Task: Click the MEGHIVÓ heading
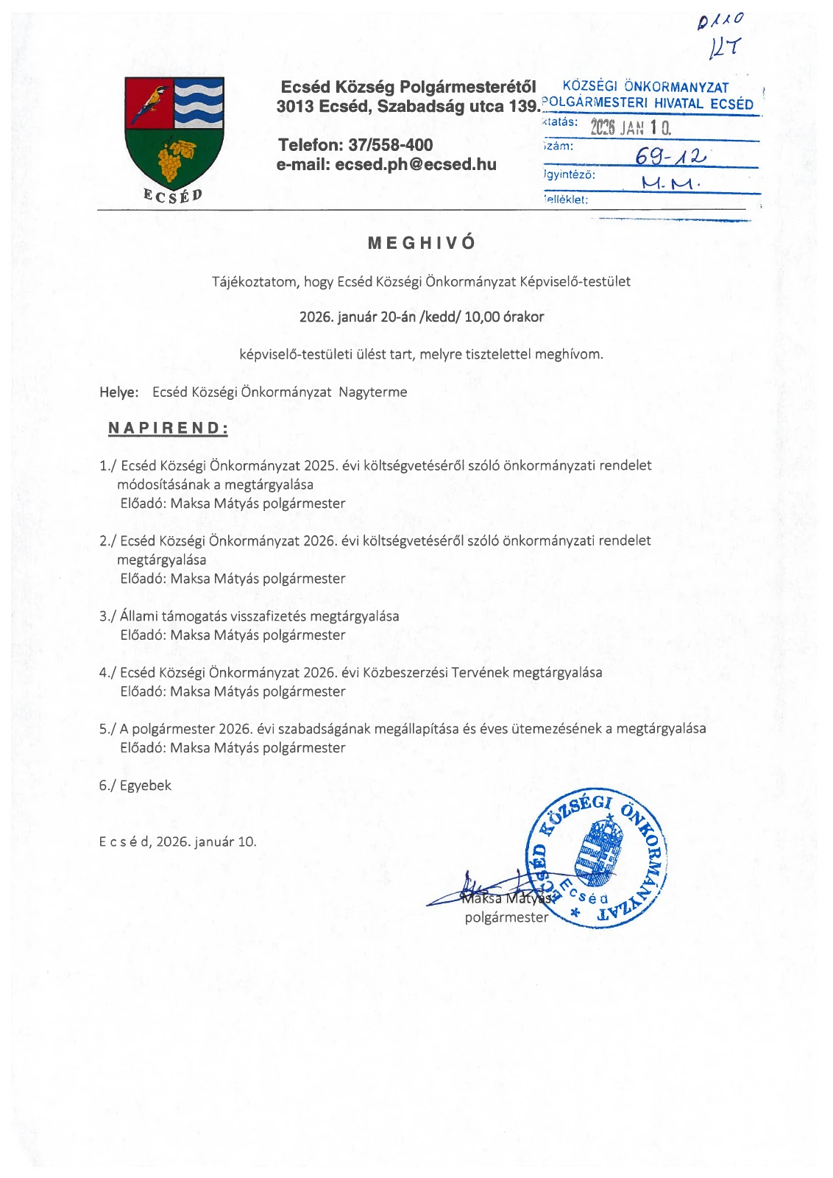click(x=422, y=242)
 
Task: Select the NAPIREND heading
click(x=168, y=428)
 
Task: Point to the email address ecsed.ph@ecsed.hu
click(x=415, y=164)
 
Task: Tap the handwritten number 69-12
click(x=670, y=156)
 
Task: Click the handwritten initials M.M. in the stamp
click(x=670, y=183)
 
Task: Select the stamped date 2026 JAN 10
click(x=631, y=127)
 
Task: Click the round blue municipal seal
click(x=596, y=858)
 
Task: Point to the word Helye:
click(x=119, y=392)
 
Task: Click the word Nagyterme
click(x=372, y=392)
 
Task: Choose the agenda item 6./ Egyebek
click(x=135, y=786)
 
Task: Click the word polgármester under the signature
click(x=506, y=917)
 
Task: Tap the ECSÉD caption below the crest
click(x=173, y=195)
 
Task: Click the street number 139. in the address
click(x=524, y=106)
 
